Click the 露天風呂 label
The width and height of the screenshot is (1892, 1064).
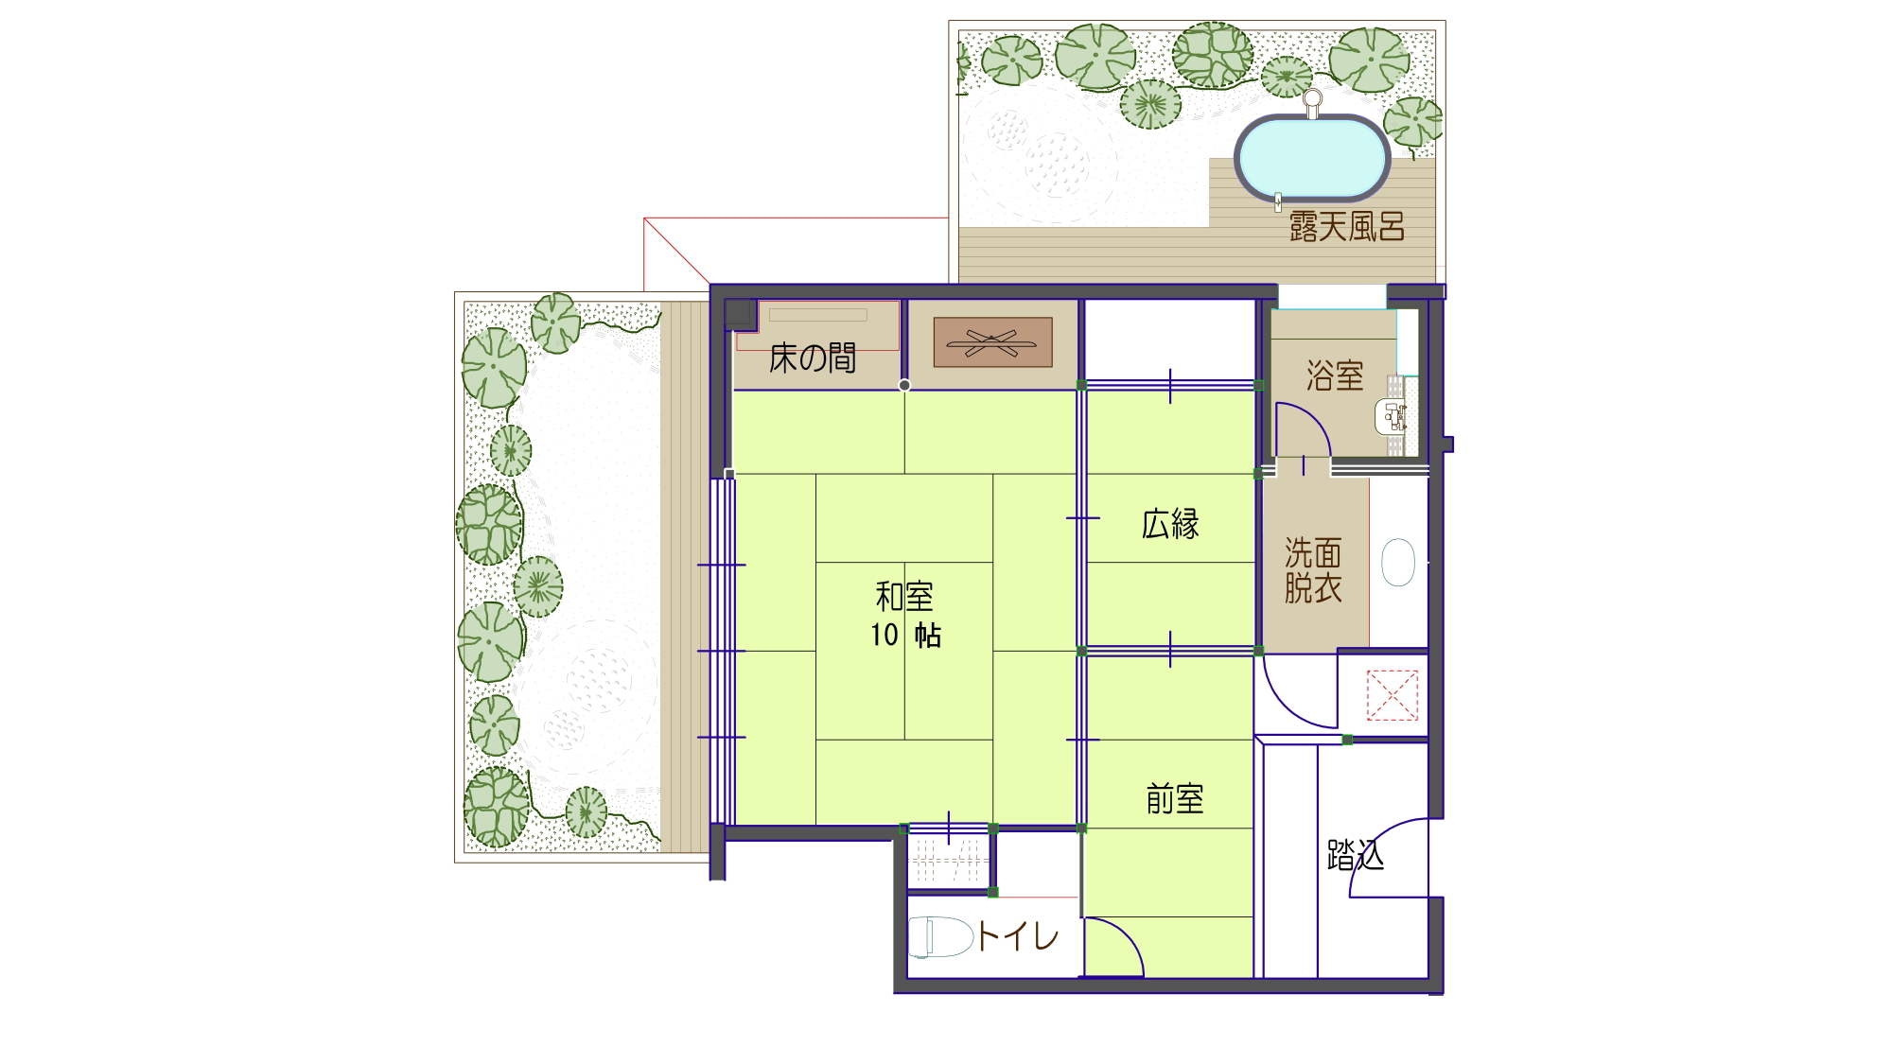point(1347,227)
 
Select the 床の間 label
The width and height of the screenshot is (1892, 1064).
point(812,358)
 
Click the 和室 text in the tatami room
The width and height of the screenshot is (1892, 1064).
point(904,597)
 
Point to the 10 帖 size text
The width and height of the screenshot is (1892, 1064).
point(905,636)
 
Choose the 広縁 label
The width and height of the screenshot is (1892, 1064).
point(1170,524)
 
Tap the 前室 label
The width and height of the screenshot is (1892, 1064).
point(1175,800)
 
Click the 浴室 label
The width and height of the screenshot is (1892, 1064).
point(1335,376)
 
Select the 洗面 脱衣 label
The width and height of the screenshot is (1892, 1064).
point(1313,570)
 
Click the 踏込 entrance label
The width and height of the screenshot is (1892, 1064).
point(1356,855)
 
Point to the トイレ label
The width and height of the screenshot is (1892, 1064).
point(1018,937)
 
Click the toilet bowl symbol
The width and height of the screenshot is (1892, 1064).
point(940,937)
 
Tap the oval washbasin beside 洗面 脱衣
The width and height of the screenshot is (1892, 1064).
point(1398,563)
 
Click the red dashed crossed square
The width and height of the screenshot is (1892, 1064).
point(1393,695)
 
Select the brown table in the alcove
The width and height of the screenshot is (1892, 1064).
point(992,342)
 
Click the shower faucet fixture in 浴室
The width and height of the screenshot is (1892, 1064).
point(1393,416)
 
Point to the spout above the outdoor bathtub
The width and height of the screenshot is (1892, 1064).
point(1312,100)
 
